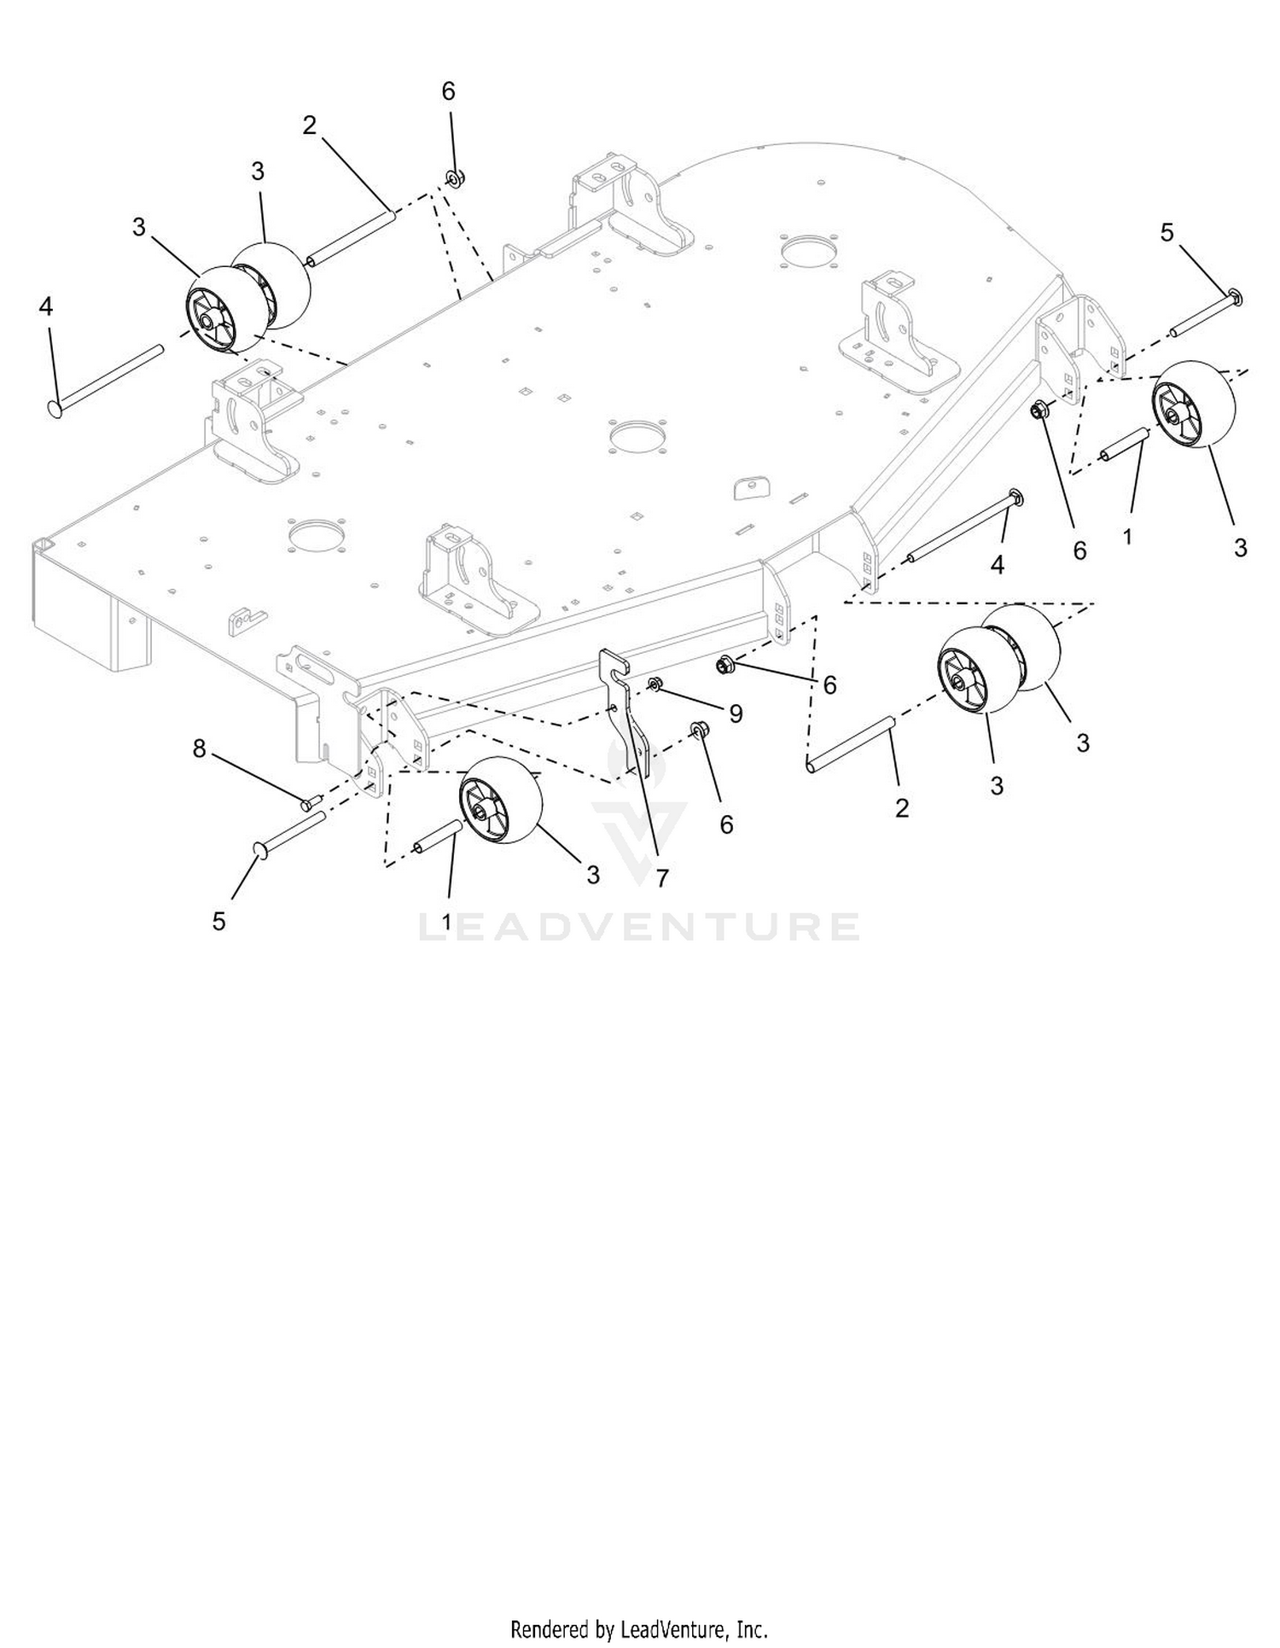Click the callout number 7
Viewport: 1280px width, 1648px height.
pyautogui.click(x=662, y=878)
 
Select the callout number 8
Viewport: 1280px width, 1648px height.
pyautogui.click(x=199, y=748)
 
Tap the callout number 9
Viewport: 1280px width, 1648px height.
pyautogui.click(x=735, y=713)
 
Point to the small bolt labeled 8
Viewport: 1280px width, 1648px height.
pyautogui.click(x=310, y=801)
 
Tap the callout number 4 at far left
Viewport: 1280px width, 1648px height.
pyautogui.click(x=46, y=306)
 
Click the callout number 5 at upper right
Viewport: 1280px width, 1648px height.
pyautogui.click(x=1167, y=232)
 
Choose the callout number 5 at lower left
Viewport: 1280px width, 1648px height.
pyautogui.click(x=219, y=921)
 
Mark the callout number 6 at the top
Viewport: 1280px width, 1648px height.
pyautogui.click(x=449, y=91)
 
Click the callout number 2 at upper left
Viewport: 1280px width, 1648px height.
pyautogui.click(x=309, y=125)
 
